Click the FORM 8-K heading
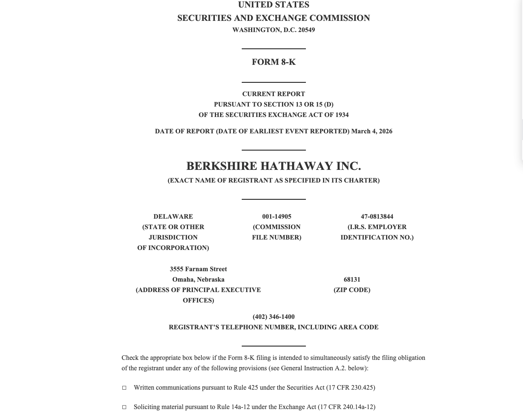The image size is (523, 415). pos(273,62)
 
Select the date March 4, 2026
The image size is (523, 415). pos(372,131)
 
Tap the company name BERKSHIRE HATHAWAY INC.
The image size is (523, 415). pos(273,166)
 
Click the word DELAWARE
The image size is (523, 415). pos(173,216)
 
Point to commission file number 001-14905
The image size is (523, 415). pos(276,216)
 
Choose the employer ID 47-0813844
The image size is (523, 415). pos(377,216)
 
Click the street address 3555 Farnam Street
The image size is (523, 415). pos(198,269)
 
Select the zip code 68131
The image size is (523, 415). pos(352,279)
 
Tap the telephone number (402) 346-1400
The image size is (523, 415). pos(273,317)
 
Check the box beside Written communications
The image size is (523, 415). pos(124,388)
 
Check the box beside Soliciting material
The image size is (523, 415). pos(124,407)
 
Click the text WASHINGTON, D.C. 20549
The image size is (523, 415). pos(273,30)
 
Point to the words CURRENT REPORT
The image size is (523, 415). pos(273,94)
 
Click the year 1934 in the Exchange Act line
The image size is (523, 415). pos(342,115)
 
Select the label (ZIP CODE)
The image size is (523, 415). pos(352,290)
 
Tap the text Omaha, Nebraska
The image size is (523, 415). pos(198,279)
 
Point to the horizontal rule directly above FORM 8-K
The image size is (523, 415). pos(273,49)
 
